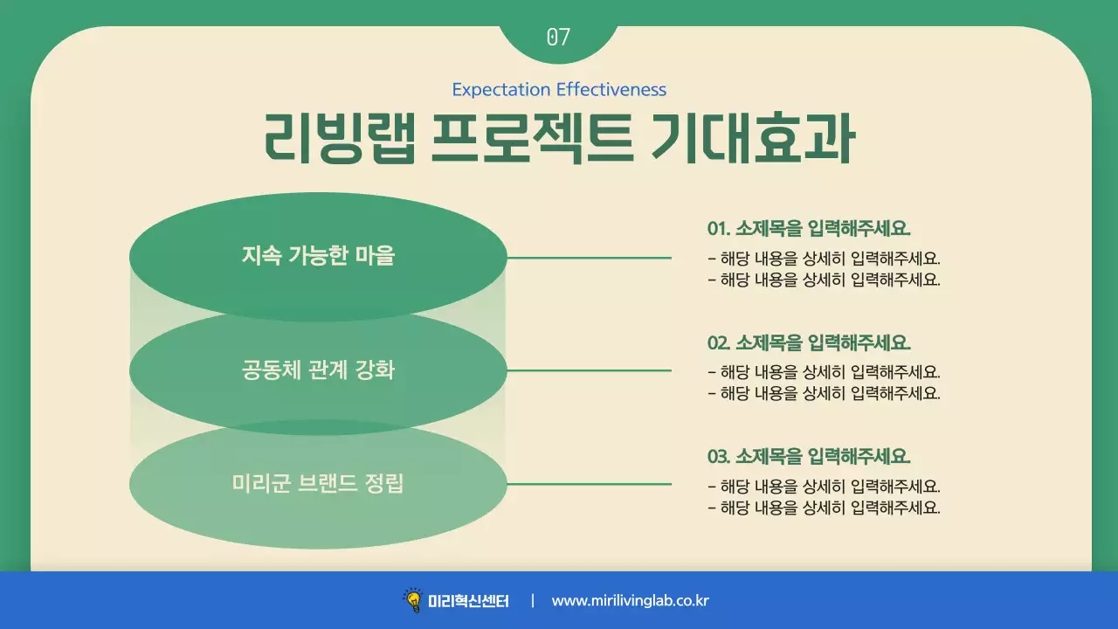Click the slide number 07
pos(558,37)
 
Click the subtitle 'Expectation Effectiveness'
pos(559,90)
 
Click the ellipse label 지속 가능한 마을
pos(318,257)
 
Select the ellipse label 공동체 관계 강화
pos(318,370)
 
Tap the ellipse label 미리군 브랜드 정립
pos(318,483)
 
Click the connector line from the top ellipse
pos(589,258)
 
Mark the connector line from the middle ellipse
pos(589,370)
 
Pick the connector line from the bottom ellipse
pos(589,484)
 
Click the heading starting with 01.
pos(809,229)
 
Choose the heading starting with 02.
pos(809,342)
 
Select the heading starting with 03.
pos(809,456)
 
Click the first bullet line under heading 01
pos(824,259)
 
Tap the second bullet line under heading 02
pos(824,393)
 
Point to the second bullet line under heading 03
pos(824,508)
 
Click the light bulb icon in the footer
pos(412,600)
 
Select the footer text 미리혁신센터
pos(468,601)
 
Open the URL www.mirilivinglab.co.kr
pos(630,601)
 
